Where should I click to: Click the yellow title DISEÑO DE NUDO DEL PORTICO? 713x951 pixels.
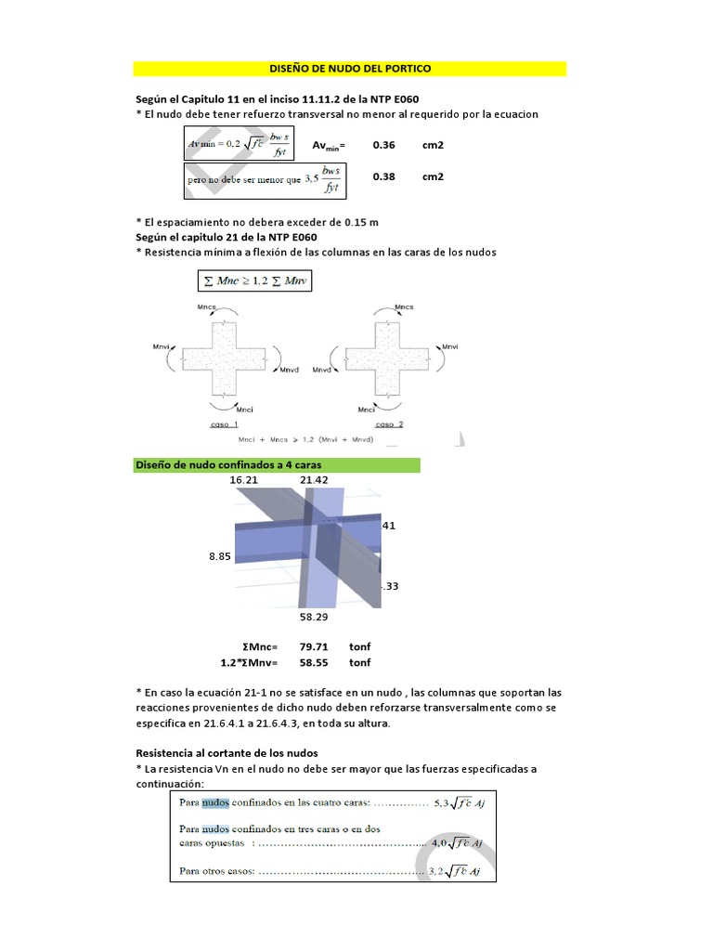349,69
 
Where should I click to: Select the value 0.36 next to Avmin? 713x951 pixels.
383,146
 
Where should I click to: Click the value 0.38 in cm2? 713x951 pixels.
383,176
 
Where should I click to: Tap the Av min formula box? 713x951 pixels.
243,144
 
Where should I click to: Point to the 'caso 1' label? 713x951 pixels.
219,423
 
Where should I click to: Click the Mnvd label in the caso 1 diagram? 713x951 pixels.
292,370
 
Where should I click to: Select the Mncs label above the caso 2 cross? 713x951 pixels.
404,306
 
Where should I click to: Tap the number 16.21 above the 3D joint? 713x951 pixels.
243,480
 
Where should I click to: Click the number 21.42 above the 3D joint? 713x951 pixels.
315,480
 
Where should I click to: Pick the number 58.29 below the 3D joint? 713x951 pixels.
313,616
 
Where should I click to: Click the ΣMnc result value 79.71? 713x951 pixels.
313,646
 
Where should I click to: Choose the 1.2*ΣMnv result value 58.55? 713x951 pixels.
313,662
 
